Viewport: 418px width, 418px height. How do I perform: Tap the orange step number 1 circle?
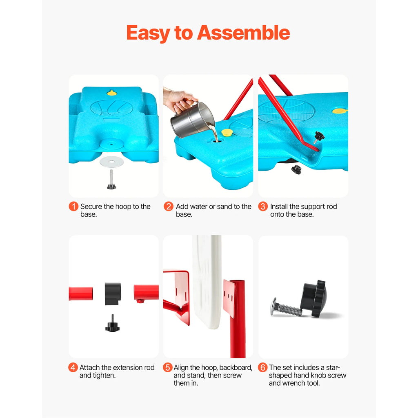point(73,207)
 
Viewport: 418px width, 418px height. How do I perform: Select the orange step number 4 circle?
point(73,368)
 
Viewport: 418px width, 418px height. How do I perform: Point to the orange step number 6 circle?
point(262,368)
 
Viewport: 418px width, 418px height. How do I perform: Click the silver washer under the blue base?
point(112,161)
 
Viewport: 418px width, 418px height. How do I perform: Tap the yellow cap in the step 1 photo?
point(112,93)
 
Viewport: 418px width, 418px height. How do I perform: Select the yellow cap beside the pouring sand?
point(227,132)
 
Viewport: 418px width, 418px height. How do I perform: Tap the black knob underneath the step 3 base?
point(296,169)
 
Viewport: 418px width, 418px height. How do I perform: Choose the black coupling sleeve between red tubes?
point(113,293)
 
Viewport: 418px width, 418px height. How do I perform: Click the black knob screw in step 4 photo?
point(112,325)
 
